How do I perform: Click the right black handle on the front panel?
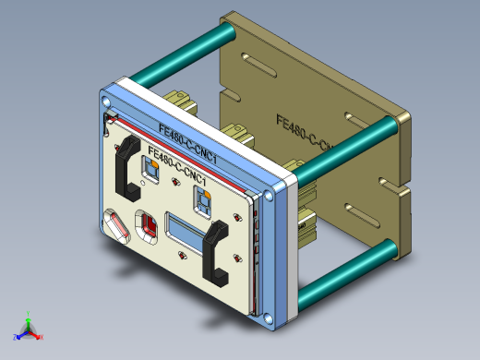coord(216,251)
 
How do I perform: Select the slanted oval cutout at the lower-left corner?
coord(116,226)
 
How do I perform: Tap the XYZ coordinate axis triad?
coord(28,328)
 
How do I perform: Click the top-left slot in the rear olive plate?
coord(259,64)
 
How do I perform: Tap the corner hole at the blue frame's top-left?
coord(105,92)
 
